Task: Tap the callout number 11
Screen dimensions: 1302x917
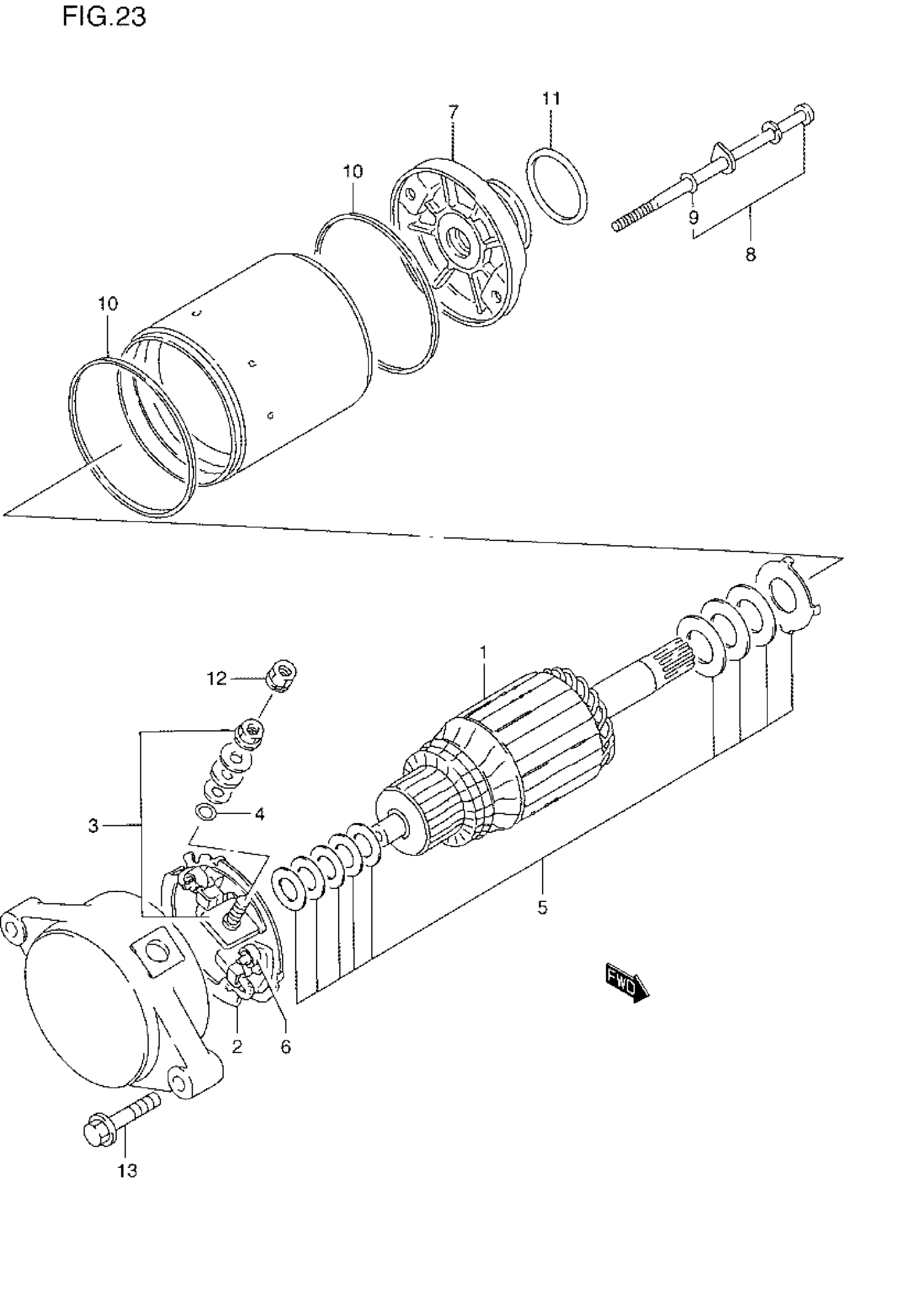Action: (551, 99)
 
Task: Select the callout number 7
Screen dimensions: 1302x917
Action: (453, 112)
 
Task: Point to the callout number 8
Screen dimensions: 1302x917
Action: (750, 255)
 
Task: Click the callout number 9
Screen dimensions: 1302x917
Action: (694, 217)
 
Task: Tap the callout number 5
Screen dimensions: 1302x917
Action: (542, 908)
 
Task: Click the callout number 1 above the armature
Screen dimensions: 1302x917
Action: (483, 653)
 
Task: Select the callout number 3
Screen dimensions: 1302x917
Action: (93, 826)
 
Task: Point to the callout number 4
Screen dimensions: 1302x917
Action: (259, 814)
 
